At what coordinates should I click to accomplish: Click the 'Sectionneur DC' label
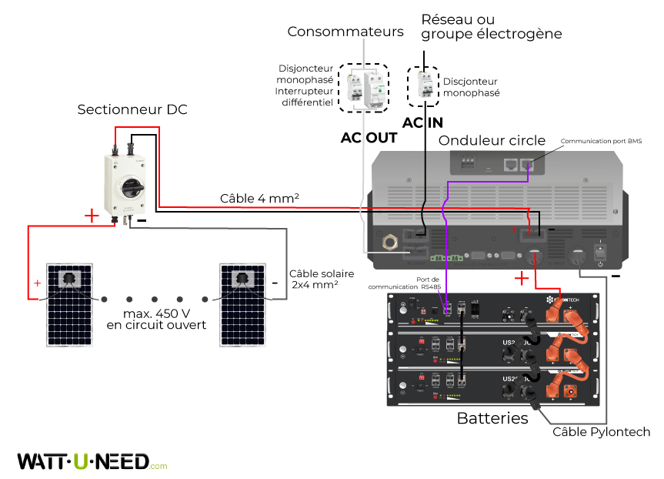[x=132, y=110]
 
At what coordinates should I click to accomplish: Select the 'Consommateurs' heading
[x=345, y=32]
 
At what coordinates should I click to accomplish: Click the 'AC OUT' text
[x=369, y=139]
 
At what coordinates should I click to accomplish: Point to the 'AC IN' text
[x=422, y=123]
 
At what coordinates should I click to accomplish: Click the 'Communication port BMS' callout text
[x=601, y=142]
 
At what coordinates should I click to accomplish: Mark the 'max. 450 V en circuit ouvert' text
[x=157, y=320]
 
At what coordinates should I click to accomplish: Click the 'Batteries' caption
[x=492, y=419]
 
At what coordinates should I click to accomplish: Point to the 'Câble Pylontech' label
[x=601, y=432]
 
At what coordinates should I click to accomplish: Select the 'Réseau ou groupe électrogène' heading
[x=492, y=26]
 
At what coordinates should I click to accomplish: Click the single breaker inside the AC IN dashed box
[x=423, y=84]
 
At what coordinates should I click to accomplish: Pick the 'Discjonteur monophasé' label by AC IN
[x=471, y=87]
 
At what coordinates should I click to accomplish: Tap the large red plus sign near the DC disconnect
[x=91, y=216]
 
